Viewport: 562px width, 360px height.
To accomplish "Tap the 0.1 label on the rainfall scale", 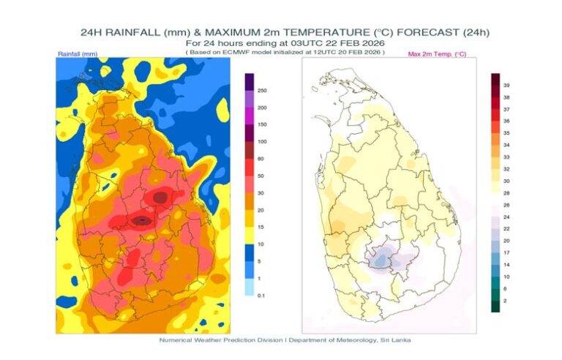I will coord(261,295).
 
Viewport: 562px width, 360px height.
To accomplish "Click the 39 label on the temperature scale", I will coord(506,86).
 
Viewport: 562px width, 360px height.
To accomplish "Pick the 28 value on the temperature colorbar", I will coord(506,192).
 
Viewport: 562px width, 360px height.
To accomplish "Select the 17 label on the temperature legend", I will coord(506,252).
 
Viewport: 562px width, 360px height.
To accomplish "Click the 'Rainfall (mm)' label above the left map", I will coord(78,54).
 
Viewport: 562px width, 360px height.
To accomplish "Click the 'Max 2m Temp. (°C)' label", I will coord(437,54).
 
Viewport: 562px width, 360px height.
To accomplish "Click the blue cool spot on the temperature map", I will coord(378,258).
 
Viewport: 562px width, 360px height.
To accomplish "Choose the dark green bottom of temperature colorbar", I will coord(495,307).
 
